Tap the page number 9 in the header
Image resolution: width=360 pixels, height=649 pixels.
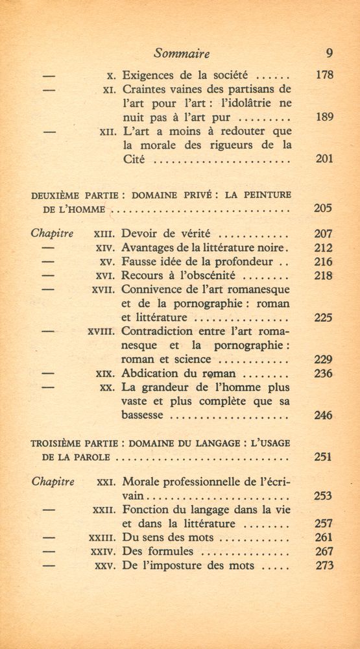[x=329, y=54]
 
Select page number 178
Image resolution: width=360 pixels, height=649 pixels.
[x=323, y=75]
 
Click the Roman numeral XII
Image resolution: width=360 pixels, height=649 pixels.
[x=107, y=132]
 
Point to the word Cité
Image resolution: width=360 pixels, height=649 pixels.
[x=134, y=160]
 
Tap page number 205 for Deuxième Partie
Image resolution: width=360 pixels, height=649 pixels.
[x=323, y=208]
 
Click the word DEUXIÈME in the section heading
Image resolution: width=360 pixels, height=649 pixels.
[x=58, y=194]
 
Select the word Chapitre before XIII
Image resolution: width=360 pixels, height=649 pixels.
[x=53, y=234]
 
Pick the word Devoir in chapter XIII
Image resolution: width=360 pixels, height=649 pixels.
[x=141, y=234]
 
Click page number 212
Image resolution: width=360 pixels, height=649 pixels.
[x=323, y=248]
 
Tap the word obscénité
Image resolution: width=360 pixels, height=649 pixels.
[x=202, y=276]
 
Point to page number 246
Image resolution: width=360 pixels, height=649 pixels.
[x=323, y=416]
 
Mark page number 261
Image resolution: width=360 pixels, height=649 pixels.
[x=323, y=537]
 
